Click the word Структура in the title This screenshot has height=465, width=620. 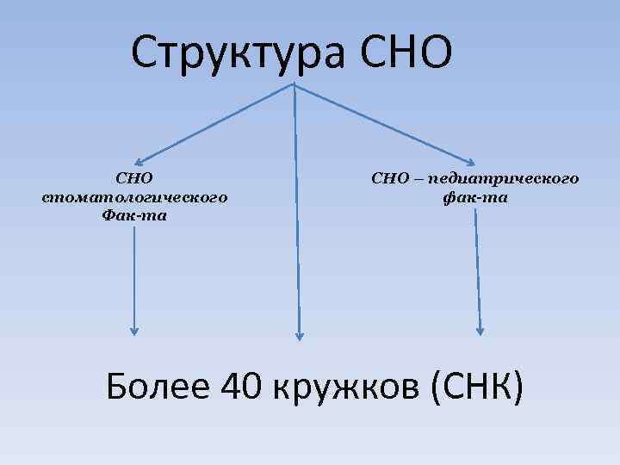coord(238,53)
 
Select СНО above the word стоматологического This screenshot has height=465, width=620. coord(134,179)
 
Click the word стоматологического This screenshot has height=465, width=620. coord(134,197)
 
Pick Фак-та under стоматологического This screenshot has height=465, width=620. coord(134,215)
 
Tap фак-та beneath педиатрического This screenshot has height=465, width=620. coord(474,197)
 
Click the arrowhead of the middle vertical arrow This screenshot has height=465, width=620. coord(299,334)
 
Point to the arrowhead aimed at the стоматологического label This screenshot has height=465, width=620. coord(140,159)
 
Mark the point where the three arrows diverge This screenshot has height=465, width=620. coord(294,84)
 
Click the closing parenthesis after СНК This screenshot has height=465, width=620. coord(516,387)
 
